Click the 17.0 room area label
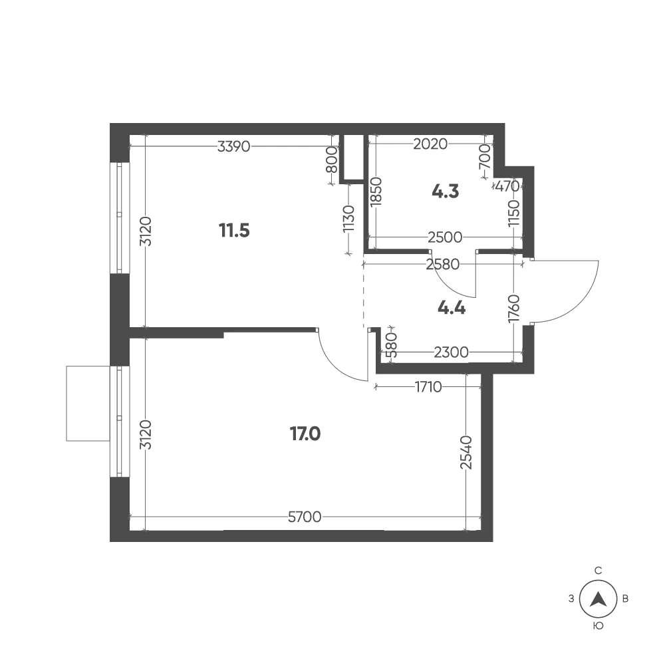click(x=305, y=434)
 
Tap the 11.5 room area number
click(x=234, y=231)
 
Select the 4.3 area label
click(x=446, y=192)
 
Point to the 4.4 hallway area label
click(x=452, y=308)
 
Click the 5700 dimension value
click(x=305, y=517)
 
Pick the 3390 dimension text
click(x=233, y=147)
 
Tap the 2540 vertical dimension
click(x=465, y=452)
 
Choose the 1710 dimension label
click(x=428, y=387)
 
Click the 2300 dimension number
click(x=452, y=352)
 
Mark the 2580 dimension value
click(x=443, y=265)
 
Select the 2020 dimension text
click(x=430, y=144)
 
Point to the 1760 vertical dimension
click(x=513, y=309)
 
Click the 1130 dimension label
click(x=348, y=218)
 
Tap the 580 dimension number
click(x=392, y=344)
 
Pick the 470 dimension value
click(x=507, y=186)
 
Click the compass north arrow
click(x=598, y=599)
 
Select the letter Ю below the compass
click(x=598, y=626)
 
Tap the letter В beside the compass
click(x=625, y=599)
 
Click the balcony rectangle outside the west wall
click(x=88, y=404)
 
